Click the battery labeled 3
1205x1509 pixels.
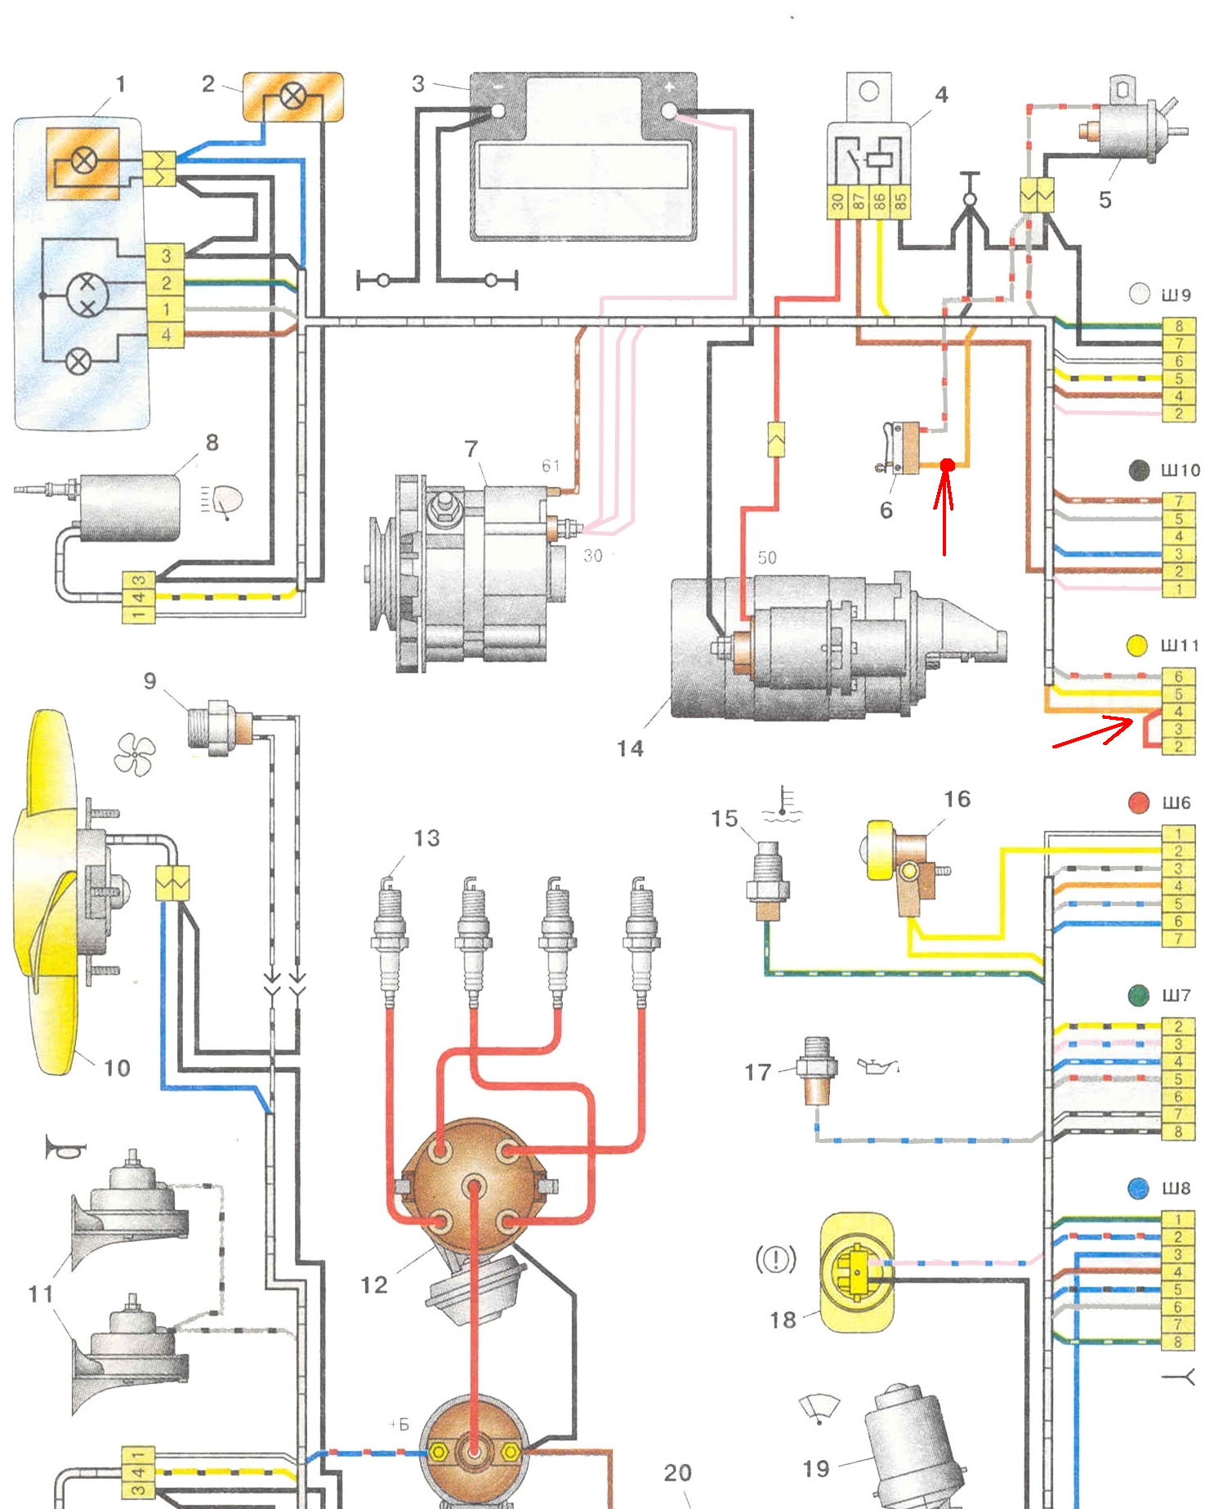point(583,157)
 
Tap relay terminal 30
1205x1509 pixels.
point(837,202)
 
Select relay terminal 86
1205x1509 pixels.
point(879,202)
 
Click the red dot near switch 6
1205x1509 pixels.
point(947,465)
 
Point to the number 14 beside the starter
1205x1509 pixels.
point(630,748)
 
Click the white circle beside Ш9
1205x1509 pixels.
point(1139,294)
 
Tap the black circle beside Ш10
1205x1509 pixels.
point(1139,470)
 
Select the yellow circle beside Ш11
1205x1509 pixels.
point(1136,645)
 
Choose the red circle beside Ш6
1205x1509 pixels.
point(1139,802)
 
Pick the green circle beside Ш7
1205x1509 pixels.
point(1138,995)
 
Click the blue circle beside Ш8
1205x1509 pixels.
point(1138,1188)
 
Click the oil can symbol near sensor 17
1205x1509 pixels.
point(877,1065)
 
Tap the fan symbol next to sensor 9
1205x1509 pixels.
point(135,754)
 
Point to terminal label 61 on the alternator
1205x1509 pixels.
point(551,466)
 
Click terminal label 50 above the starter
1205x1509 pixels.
point(766,558)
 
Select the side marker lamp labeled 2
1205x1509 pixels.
point(292,97)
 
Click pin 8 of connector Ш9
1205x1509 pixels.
point(1178,326)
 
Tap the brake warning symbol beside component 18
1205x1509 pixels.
point(775,1259)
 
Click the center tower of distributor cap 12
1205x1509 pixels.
point(474,1187)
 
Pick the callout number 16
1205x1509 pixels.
point(957,798)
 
